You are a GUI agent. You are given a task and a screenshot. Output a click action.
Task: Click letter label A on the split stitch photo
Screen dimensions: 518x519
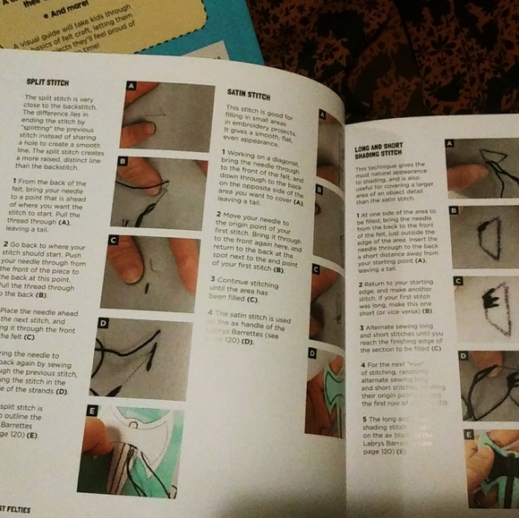pyautogui.click(x=132, y=86)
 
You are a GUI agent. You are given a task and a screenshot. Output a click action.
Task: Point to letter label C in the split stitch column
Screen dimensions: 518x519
pyautogui.click(x=113, y=240)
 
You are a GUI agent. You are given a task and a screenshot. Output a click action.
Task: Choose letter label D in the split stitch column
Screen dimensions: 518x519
pyautogui.click(x=103, y=323)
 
